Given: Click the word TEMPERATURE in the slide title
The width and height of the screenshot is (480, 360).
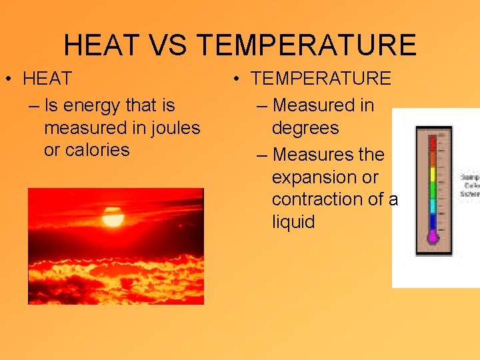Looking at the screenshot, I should click(307, 45).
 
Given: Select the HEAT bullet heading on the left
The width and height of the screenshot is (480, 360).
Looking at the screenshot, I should click(47, 79).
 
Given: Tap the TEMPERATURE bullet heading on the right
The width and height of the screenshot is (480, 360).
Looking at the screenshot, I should click(321, 79).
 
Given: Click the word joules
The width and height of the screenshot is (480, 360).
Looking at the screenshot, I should click(173, 127).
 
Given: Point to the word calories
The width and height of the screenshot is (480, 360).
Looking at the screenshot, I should click(87, 150).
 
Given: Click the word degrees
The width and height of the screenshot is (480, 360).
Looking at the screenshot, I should click(305, 127).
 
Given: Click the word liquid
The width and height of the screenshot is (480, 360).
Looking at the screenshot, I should click(293, 221).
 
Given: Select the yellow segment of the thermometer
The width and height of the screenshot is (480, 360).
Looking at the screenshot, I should click(433, 175).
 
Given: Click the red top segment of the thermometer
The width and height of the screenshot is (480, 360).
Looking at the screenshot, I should click(433, 142).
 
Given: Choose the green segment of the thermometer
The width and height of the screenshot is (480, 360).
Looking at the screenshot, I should click(433, 189).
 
